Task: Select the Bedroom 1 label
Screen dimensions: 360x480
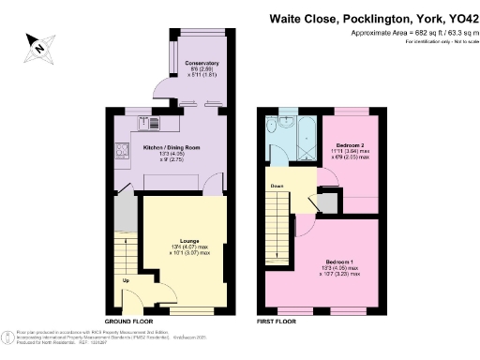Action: click(x=342, y=261)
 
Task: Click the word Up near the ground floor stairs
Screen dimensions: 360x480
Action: click(x=126, y=280)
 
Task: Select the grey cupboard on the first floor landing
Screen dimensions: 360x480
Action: click(x=328, y=199)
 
